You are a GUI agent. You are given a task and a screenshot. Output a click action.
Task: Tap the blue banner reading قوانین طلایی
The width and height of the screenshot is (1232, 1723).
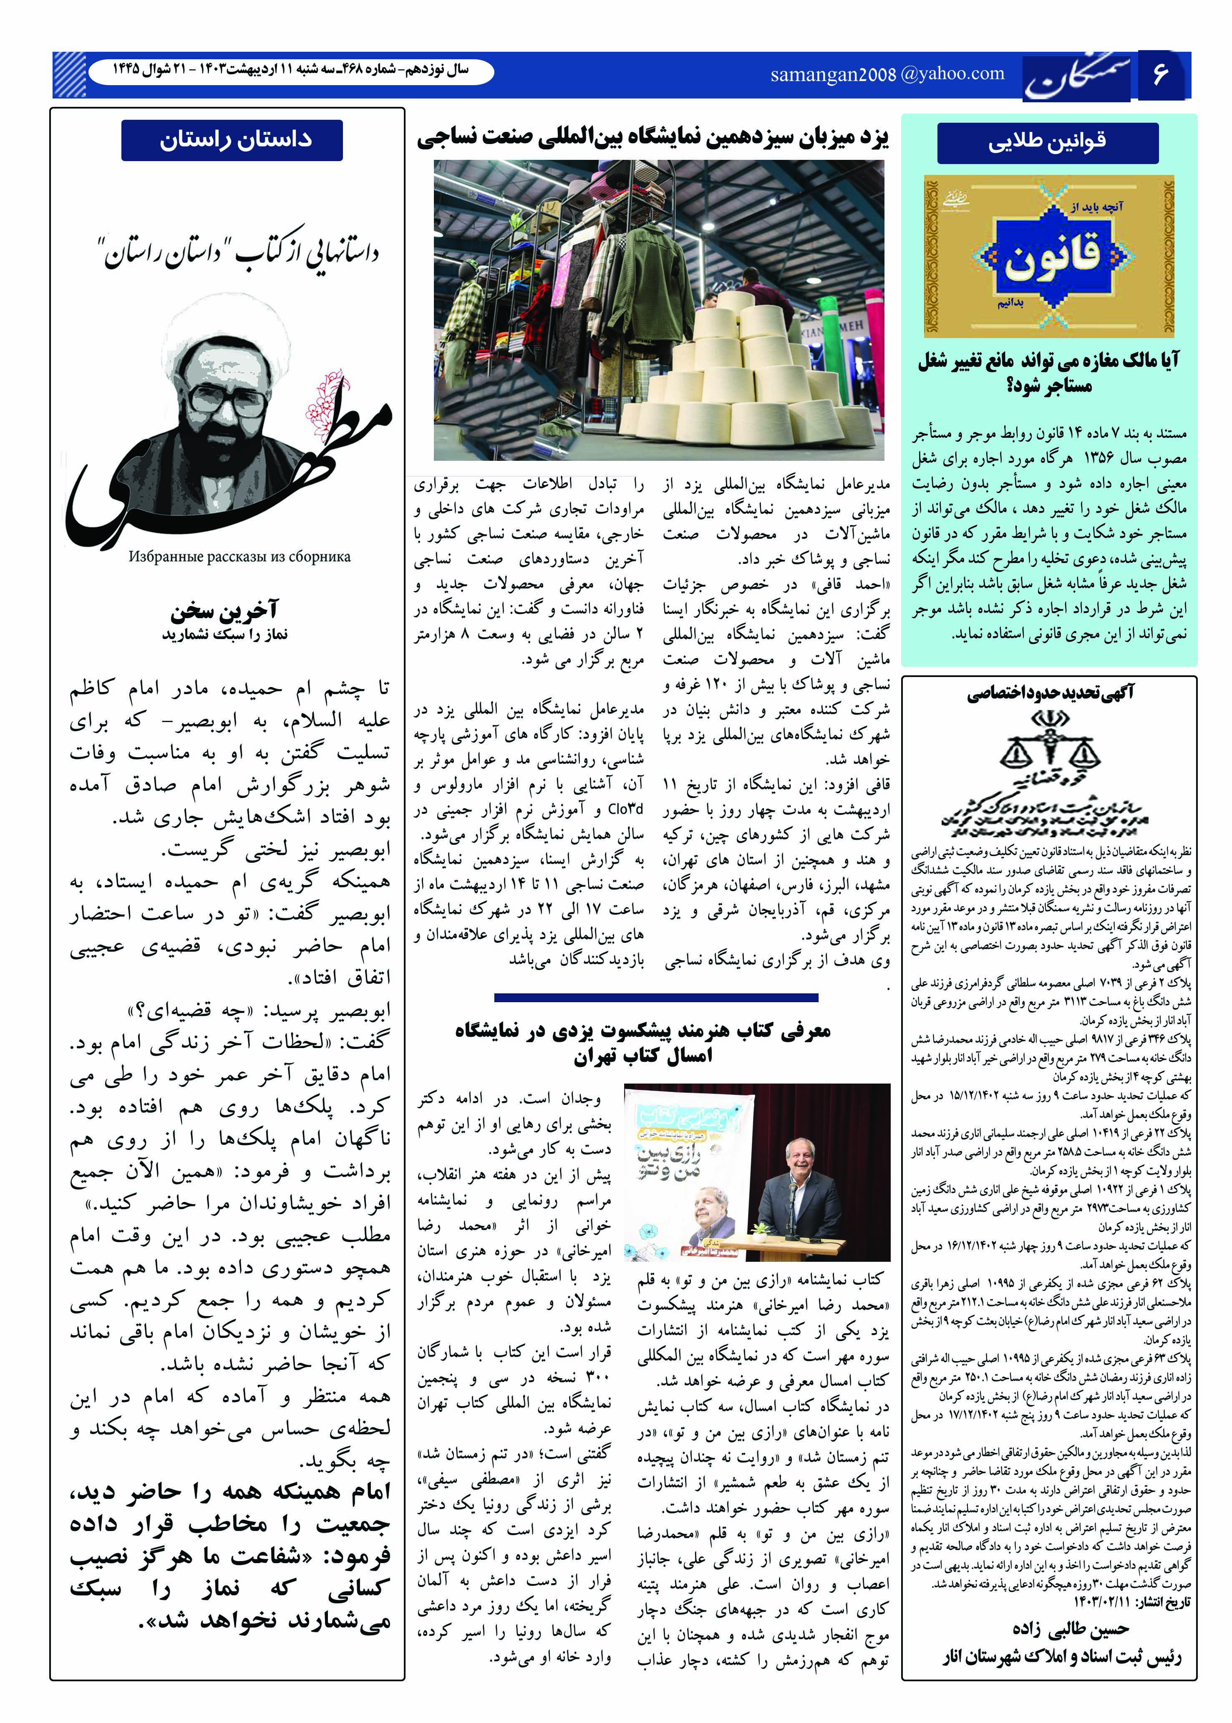tap(1048, 142)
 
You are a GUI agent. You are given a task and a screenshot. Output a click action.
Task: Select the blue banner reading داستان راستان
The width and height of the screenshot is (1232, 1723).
tap(232, 140)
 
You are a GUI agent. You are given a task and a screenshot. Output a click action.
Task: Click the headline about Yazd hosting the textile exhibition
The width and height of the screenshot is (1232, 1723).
tap(653, 137)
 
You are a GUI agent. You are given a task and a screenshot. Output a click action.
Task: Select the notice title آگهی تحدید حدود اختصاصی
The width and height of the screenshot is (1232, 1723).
tap(1050, 692)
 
